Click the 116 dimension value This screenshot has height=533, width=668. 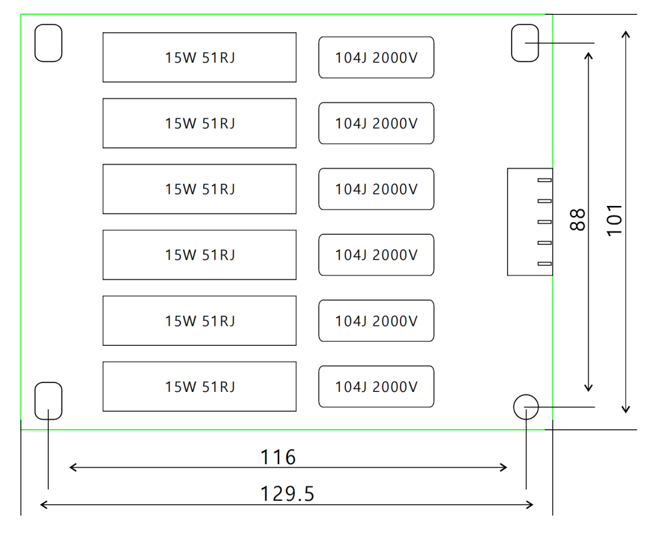277,457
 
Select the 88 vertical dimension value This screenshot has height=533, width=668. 579,219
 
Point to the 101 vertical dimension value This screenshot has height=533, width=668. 615,219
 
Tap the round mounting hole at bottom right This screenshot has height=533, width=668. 526,406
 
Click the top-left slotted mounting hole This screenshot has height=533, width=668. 48,43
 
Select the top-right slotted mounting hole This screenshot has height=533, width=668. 525,43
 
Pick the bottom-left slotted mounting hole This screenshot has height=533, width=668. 48,401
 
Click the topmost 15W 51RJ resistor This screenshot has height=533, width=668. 200,58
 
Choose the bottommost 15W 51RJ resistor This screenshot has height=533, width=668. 200,387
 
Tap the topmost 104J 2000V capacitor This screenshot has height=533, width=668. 377,58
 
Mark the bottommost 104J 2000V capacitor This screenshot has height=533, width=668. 377,387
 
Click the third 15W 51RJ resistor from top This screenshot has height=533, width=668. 200,189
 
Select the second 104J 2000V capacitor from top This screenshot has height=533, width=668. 377,123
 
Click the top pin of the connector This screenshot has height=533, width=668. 544,181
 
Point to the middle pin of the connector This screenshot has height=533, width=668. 544,222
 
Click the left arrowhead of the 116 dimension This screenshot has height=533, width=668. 72,467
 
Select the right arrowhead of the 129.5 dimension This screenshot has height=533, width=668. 530,504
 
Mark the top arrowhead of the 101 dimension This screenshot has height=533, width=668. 626,32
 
